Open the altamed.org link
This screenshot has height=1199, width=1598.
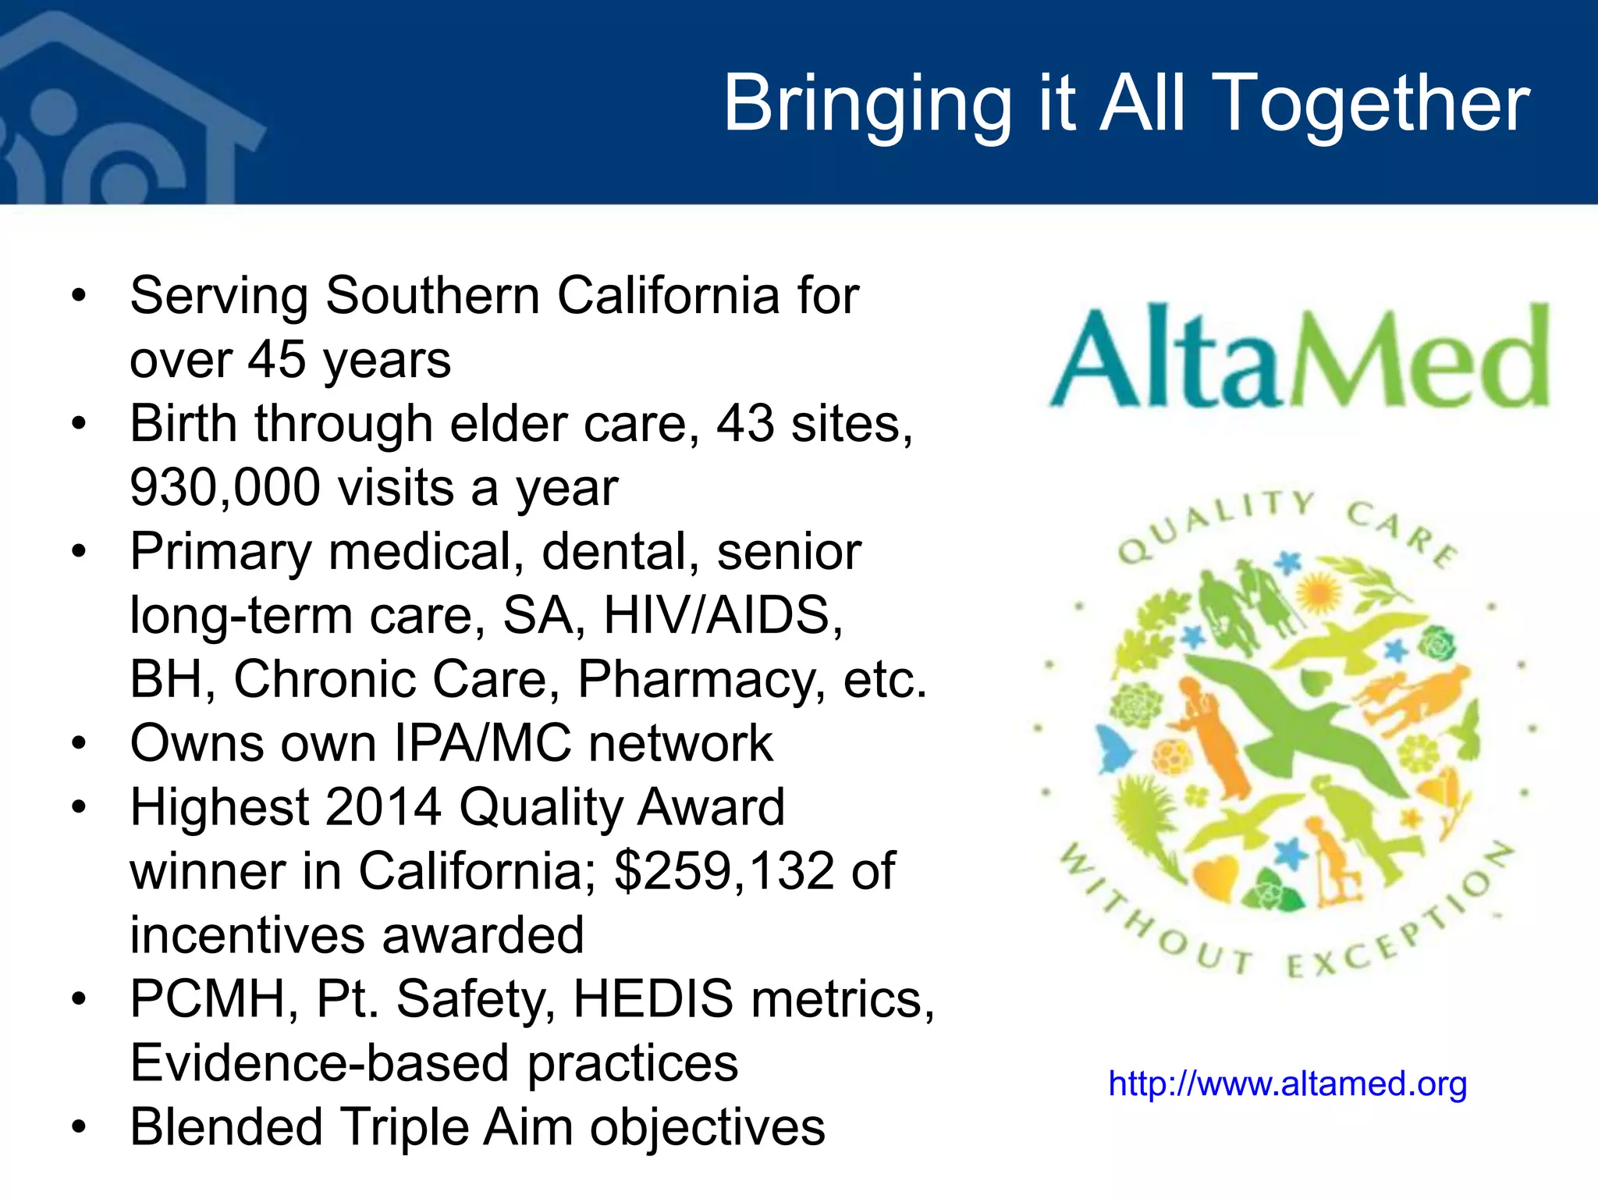(1287, 1084)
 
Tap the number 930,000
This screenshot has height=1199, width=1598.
(225, 488)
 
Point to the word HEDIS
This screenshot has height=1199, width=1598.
(653, 999)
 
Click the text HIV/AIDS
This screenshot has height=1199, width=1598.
(723, 616)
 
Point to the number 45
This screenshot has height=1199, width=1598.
(277, 361)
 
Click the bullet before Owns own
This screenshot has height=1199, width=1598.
(78, 743)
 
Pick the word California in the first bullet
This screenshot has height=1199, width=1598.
(669, 297)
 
